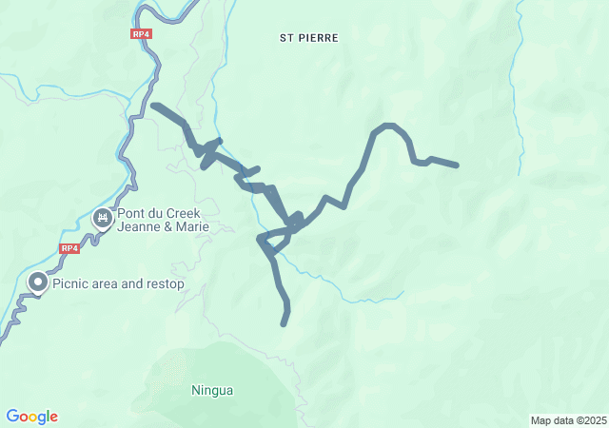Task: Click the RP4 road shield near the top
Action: [x=142, y=33]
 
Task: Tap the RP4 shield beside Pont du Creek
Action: [x=69, y=248]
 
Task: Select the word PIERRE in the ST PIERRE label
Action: [x=319, y=38]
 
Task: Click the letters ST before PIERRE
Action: [x=286, y=38]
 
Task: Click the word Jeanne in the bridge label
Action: [x=139, y=228]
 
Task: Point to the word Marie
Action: [x=189, y=228]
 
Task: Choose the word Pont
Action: [x=133, y=214]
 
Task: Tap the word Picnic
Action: [x=74, y=283]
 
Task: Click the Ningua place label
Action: [x=212, y=390]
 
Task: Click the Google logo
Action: [x=32, y=417]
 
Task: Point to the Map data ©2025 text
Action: [x=567, y=420]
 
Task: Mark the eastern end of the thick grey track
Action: [x=457, y=165]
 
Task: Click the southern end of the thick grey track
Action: [x=284, y=323]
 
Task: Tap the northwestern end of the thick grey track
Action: [x=153, y=105]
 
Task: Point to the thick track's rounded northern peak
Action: [x=387, y=126]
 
